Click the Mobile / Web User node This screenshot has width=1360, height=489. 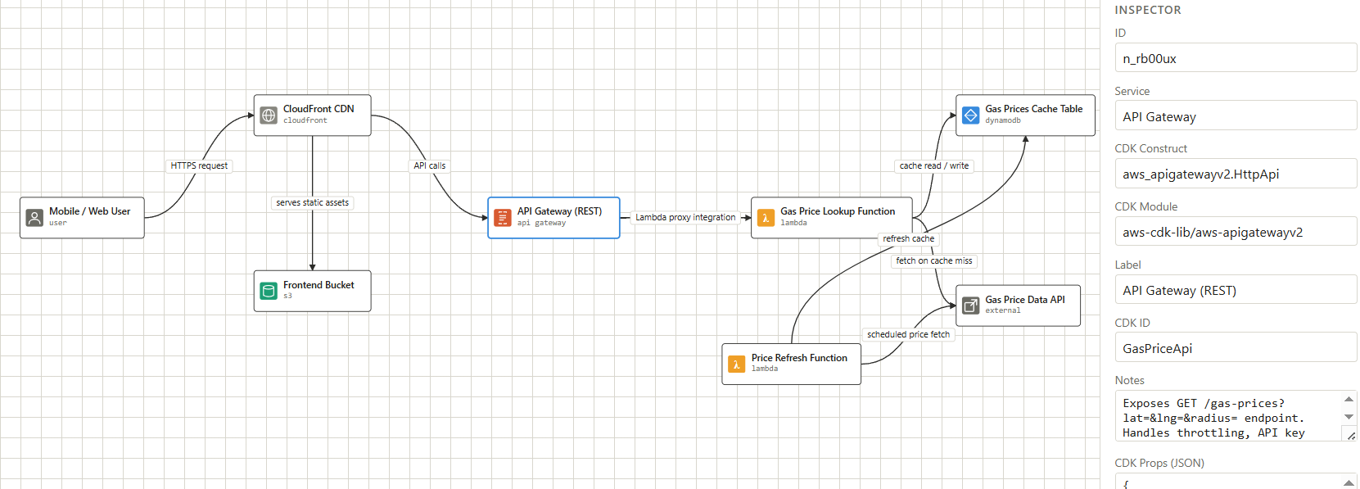pyautogui.click(x=82, y=217)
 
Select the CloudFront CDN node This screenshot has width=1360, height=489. pyautogui.click(x=312, y=115)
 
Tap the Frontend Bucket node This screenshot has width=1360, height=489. pyautogui.click(x=312, y=291)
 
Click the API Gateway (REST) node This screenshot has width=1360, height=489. pyautogui.click(x=553, y=217)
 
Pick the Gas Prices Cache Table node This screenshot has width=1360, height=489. pyautogui.click(x=1025, y=115)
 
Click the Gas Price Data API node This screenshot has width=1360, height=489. pyautogui.click(x=1018, y=306)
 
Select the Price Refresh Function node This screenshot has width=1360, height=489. pyautogui.click(x=791, y=364)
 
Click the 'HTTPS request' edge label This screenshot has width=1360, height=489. pyautogui.click(x=199, y=165)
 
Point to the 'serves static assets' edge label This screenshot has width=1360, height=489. pyautogui.click(x=312, y=202)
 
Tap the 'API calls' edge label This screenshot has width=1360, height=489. pyautogui.click(x=429, y=165)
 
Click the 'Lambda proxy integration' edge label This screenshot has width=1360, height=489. pyautogui.click(x=685, y=217)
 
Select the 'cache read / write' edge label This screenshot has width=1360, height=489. pyautogui.click(x=933, y=165)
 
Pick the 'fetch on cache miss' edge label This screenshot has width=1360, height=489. pyautogui.click(x=933, y=261)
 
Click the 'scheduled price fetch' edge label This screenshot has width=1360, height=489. pyautogui.click(x=908, y=334)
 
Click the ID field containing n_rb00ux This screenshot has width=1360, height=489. pyautogui.click(x=1235, y=58)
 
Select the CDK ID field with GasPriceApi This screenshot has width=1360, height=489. pyautogui.click(x=1235, y=348)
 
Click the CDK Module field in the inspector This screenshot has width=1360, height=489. pyautogui.click(x=1235, y=232)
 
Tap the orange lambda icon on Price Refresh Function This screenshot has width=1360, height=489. pyautogui.click(x=737, y=364)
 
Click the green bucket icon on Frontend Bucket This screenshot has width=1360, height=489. pyautogui.click(x=269, y=291)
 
